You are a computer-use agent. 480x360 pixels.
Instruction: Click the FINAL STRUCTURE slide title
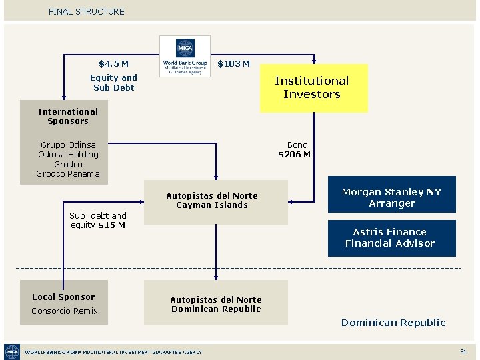tap(86, 11)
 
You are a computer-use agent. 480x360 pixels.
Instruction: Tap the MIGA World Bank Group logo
tap(185, 57)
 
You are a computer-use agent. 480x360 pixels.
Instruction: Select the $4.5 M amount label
tap(113, 64)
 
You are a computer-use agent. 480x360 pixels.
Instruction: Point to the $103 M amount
tap(234, 64)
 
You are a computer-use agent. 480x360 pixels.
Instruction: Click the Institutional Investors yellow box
tap(312, 87)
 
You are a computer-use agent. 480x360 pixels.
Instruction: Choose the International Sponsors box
tap(67, 116)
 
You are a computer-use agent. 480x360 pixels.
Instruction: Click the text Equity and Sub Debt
tap(113, 83)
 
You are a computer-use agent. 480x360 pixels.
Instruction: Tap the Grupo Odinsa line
tap(68, 145)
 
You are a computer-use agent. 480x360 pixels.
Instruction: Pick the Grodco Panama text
tap(68, 174)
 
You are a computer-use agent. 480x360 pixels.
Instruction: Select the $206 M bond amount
tap(294, 155)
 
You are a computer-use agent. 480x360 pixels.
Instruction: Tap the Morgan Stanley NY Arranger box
tap(391, 198)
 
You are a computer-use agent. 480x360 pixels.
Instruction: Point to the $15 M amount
tap(111, 225)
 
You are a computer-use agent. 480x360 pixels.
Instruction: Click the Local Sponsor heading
tap(63, 297)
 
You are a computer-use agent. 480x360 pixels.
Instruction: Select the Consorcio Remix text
tap(64, 311)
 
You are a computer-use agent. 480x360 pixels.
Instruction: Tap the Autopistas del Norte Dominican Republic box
tap(215, 304)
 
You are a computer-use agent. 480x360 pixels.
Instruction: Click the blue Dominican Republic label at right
tap(393, 323)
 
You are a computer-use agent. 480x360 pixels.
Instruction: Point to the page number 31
tap(463, 351)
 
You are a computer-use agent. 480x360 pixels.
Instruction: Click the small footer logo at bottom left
tap(12, 351)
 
